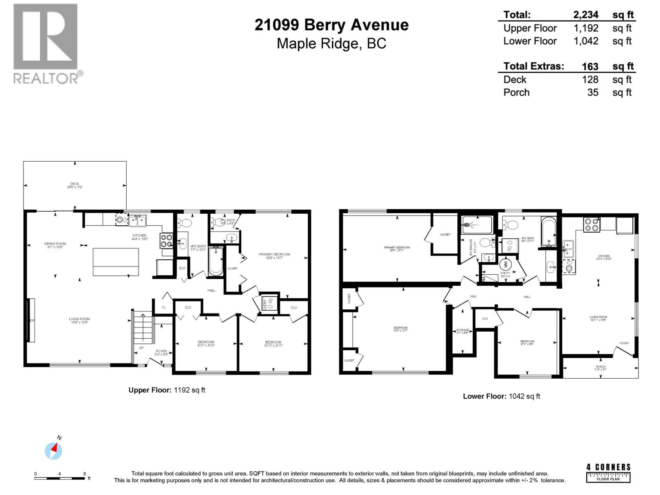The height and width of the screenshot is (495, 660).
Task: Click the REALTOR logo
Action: [x=46, y=43]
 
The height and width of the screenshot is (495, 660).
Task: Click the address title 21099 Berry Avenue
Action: [x=331, y=25]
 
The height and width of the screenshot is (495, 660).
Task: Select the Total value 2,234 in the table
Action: [x=586, y=15]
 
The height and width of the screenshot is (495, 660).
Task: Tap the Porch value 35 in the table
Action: [x=593, y=92]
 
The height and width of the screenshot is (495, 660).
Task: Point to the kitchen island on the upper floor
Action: [x=116, y=262]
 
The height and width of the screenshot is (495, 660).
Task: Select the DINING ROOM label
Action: [x=55, y=244]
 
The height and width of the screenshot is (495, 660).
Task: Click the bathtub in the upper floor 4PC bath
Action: [x=215, y=261]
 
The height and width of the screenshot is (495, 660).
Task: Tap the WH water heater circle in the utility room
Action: [x=506, y=264]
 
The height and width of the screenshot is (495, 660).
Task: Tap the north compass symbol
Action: [x=54, y=450]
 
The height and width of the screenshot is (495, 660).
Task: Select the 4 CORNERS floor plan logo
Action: [x=608, y=472]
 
